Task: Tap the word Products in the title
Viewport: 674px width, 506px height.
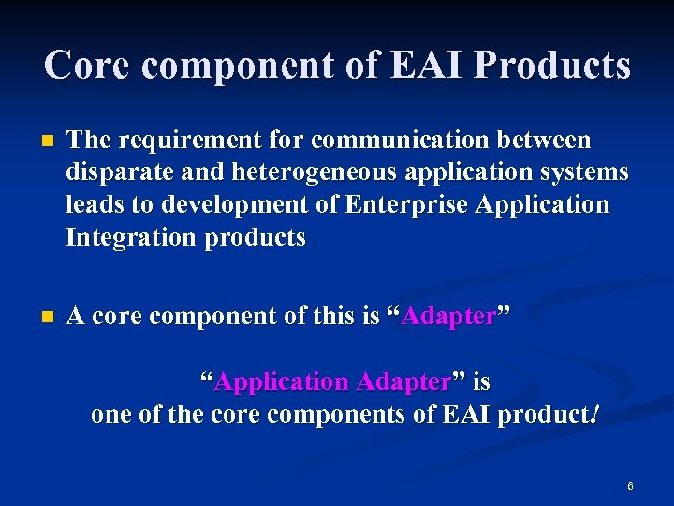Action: click(x=551, y=65)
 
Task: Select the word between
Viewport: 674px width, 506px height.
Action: click(x=548, y=141)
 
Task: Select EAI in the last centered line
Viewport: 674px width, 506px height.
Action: click(x=471, y=414)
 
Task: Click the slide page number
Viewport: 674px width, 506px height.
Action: click(x=630, y=486)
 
